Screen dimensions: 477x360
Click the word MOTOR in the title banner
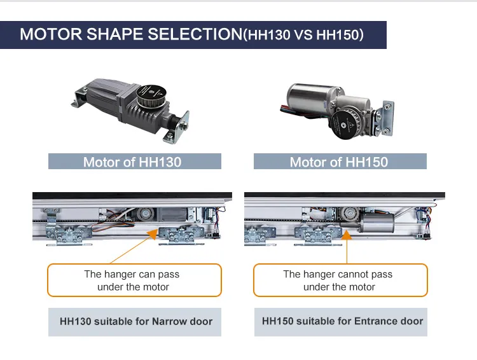coord(51,34)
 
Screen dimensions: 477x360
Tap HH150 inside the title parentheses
coord(337,35)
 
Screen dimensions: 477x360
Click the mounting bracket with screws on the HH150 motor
coord(385,119)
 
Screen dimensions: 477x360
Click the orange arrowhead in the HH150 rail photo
coord(347,235)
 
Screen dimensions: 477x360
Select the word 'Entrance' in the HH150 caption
coord(377,321)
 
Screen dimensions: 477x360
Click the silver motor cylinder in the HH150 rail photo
coord(377,223)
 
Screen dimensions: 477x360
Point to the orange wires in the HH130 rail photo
coord(113,225)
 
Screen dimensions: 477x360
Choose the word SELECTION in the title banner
coord(195,34)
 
